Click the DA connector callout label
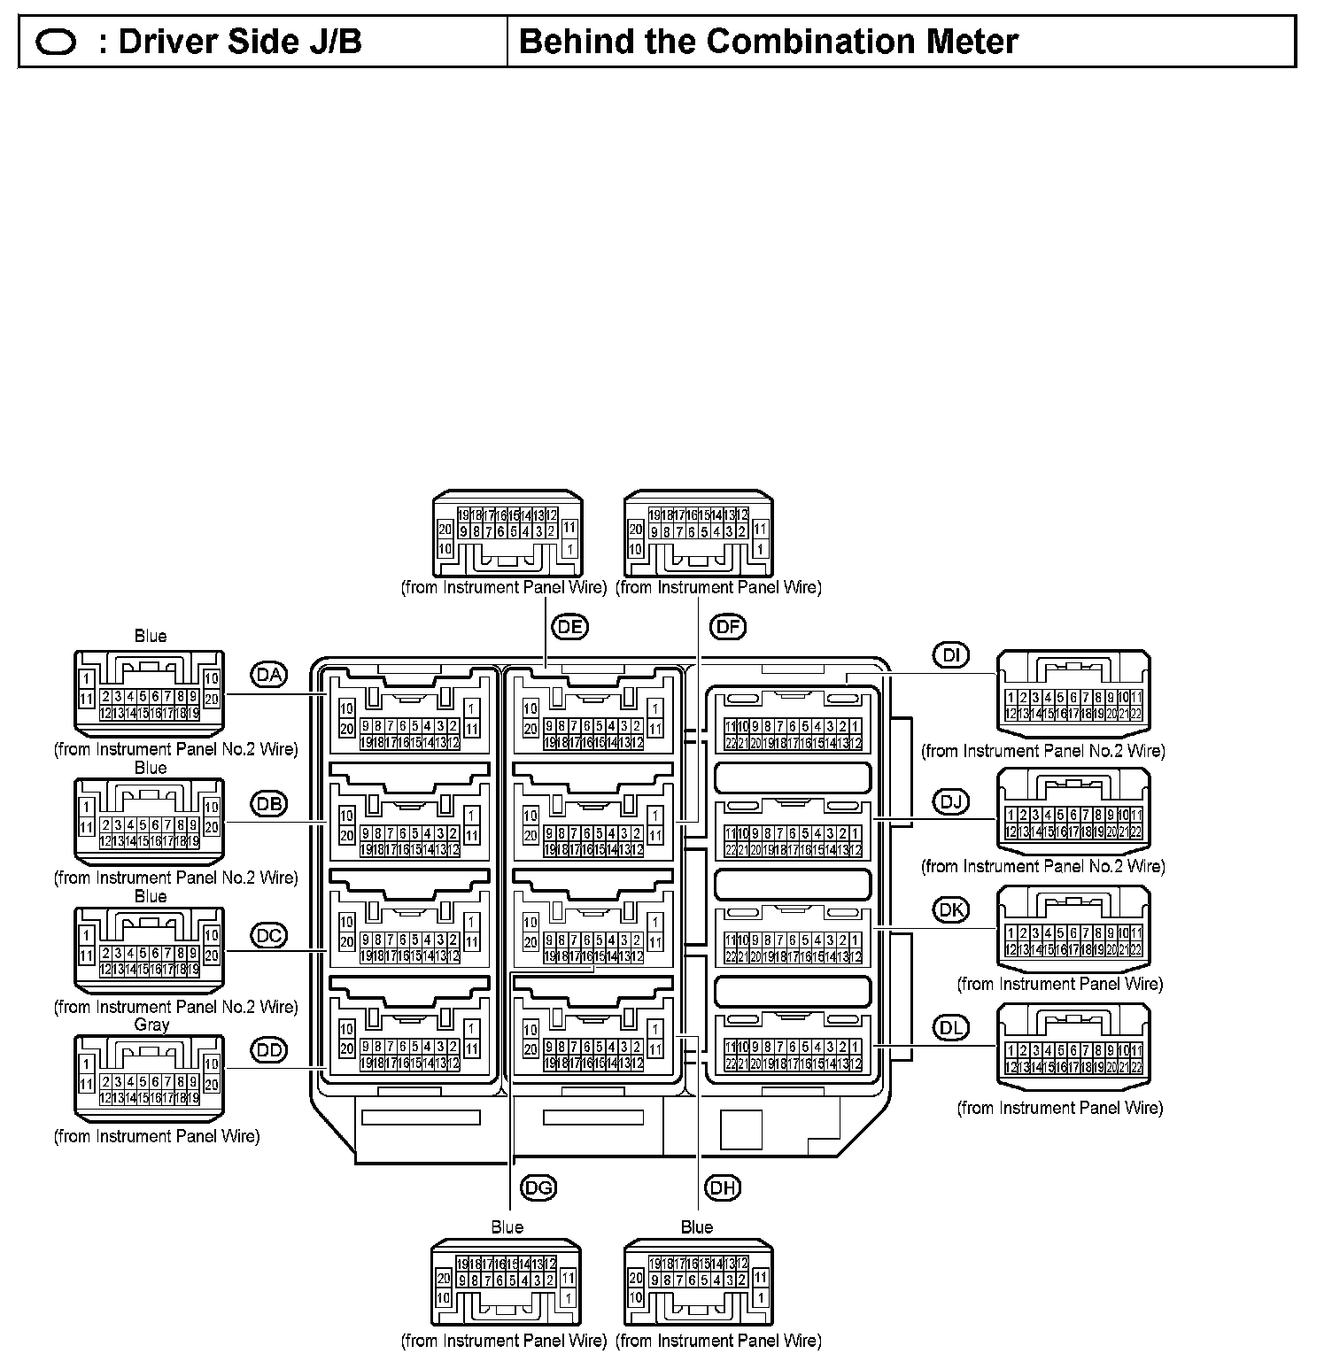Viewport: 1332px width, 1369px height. click(269, 675)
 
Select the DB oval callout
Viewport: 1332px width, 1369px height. click(269, 804)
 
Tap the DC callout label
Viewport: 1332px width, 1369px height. click(269, 934)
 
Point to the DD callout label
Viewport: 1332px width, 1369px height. click(269, 1050)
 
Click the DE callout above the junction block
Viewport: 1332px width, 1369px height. click(570, 627)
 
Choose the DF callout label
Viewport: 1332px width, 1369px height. click(728, 627)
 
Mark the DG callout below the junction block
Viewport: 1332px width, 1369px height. click(538, 1187)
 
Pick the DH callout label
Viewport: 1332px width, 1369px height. click(723, 1187)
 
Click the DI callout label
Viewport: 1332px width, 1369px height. click(951, 656)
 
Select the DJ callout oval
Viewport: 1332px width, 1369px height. click(951, 802)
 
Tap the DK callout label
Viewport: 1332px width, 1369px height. click(951, 909)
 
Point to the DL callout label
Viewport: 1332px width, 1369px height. click(951, 1027)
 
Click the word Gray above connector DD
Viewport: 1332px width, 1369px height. click(151, 1025)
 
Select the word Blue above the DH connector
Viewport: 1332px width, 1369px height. click(697, 1227)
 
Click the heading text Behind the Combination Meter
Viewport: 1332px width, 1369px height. click(769, 42)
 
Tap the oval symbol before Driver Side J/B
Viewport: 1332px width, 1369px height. click(56, 43)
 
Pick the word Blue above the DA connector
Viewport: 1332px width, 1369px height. click(151, 636)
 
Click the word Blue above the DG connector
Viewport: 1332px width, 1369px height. click(507, 1227)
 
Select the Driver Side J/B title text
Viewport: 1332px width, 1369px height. click(239, 42)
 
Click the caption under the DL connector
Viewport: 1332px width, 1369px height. click(1060, 1108)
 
